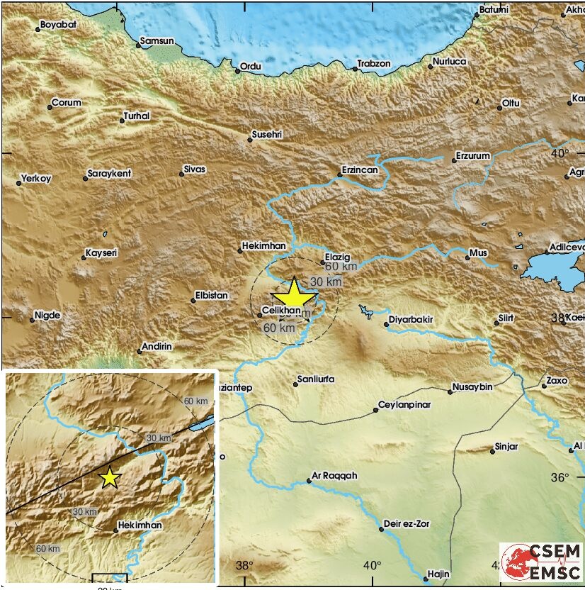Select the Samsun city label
pos(157,42)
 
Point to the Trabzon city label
pos(374,64)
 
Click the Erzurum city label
pos(473,156)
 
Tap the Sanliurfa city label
pos(317,379)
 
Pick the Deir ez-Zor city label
pos(407,525)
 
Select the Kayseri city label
pos(101,252)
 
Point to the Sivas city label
pos(194,169)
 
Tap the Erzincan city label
pos(360,170)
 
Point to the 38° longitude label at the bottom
pos(244,565)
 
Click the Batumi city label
pos(494,9)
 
